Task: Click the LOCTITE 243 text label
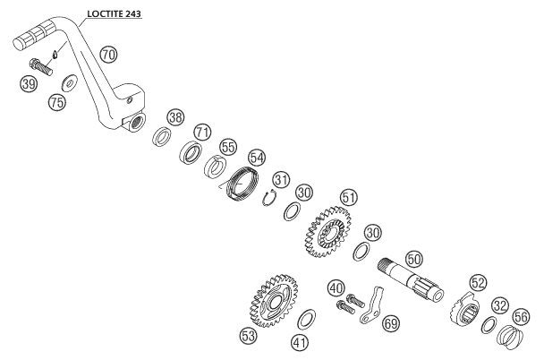coord(116,14)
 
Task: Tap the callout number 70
coord(108,56)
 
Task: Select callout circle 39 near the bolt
coord(28,84)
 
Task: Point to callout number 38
coord(175,116)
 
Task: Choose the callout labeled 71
coord(203,132)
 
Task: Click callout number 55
coord(228,145)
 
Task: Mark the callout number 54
coord(257,158)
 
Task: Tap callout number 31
coord(282,180)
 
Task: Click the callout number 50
coord(413,256)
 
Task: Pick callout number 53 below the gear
coord(248,336)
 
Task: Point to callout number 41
coord(300,341)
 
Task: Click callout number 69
coord(389,324)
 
